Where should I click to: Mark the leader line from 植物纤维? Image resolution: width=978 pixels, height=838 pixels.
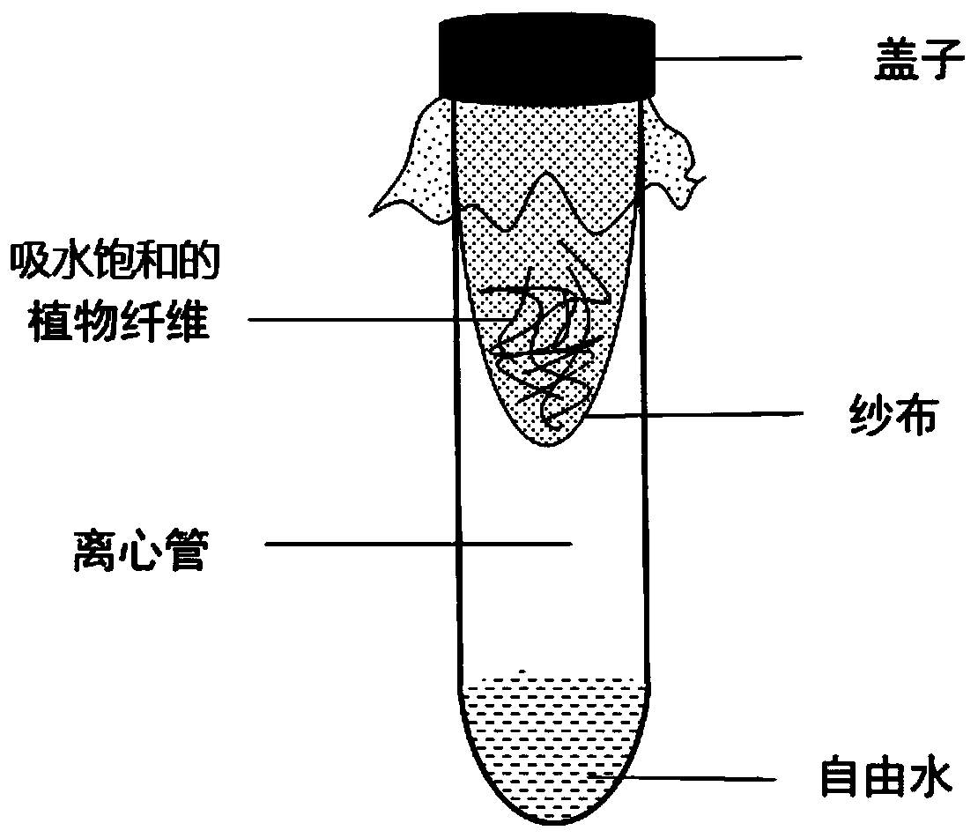370,320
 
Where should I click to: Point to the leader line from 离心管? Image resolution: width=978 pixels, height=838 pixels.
419,545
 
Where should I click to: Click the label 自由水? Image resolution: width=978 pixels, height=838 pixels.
885,779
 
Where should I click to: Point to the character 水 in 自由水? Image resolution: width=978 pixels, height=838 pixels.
930,779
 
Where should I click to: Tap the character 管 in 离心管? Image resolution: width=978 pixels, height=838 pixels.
187,552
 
